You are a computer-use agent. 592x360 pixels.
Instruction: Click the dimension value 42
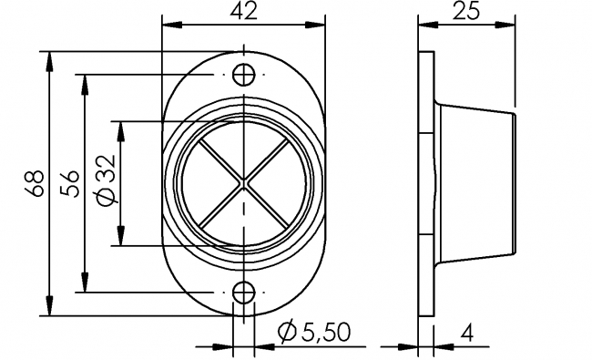[243, 11]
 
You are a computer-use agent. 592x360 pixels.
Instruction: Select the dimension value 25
[466, 11]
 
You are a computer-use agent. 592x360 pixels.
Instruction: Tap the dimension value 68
[36, 183]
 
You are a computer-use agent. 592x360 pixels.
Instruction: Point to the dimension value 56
[71, 183]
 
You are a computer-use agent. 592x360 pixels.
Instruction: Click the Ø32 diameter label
[106, 180]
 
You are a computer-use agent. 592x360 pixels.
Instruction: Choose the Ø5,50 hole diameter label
[314, 333]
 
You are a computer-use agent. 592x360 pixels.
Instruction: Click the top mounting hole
[244, 75]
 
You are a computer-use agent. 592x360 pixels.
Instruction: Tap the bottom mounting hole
[244, 293]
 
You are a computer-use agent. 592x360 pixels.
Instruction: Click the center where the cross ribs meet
[244, 183]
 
